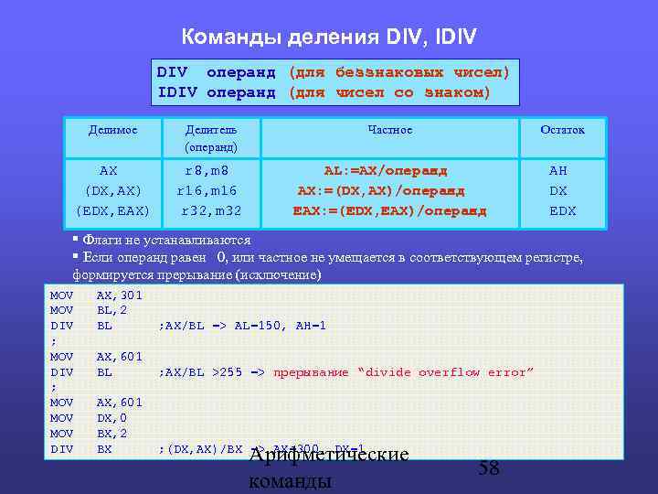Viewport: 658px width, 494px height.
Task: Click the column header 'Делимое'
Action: (x=112, y=130)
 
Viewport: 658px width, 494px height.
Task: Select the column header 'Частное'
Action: (x=389, y=130)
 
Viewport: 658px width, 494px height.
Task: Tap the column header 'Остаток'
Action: (x=562, y=130)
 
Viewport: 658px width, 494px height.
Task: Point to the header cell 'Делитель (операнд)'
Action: (x=211, y=138)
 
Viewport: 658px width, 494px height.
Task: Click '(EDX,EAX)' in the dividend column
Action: (x=112, y=210)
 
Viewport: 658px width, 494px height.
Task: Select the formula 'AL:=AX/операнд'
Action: (x=386, y=170)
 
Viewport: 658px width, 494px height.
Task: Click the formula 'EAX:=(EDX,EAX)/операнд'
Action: (x=389, y=210)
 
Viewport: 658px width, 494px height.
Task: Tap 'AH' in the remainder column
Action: (x=557, y=170)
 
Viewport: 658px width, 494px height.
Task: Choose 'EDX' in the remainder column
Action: (x=562, y=210)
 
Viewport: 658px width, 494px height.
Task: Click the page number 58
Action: (x=489, y=468)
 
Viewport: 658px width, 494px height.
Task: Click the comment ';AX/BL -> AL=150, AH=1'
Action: (x=242, y=326)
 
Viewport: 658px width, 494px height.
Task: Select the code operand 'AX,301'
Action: (x=119, y=295)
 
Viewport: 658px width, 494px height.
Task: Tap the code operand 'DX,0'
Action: (x=111, y=418)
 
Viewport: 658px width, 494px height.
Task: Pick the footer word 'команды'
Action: (x=290, y=481)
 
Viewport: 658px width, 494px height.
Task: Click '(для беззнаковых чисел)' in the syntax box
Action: (x=398, y=72)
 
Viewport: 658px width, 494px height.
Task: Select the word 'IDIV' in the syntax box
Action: (x=177, y=92)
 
